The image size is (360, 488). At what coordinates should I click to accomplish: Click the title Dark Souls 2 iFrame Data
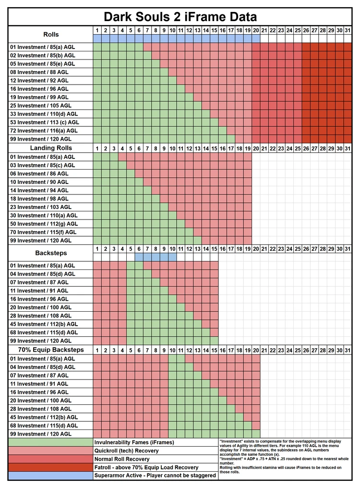point(180,17)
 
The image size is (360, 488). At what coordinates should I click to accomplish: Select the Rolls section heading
point(51,34)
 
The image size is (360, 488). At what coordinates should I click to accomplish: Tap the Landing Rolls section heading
point(51,148)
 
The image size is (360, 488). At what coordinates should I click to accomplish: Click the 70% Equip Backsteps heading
point(51,350)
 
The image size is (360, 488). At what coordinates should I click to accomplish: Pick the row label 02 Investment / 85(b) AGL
point(43,55)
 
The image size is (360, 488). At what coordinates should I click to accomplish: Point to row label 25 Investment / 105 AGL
point(40,106)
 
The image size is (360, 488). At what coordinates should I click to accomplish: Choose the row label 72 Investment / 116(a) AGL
point(43,131)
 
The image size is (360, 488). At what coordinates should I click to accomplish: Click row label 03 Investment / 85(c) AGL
point(43,165)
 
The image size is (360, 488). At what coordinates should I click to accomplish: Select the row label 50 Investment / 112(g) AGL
point(43,224)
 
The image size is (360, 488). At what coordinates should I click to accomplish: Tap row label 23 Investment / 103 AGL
point(40,207)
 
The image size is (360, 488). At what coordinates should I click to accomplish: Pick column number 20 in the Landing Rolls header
point(256,148)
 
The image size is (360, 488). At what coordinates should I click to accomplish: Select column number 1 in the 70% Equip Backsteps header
point(97,350)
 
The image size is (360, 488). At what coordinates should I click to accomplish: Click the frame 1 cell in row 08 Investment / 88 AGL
point(97,72)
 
